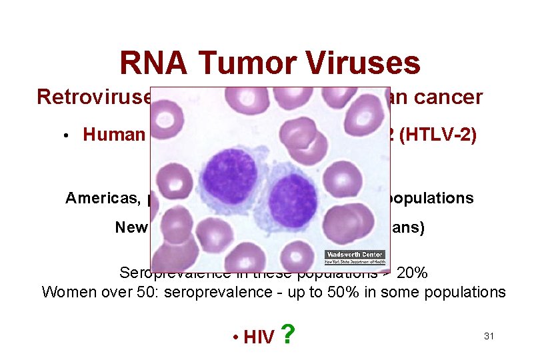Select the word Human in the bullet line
tap(114, 135)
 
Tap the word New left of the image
tap(131, 228)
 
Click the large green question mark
tap(287, 334)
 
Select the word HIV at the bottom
tap(259, 337)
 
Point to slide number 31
tap(489, 336)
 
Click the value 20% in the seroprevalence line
tap(412, 273)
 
